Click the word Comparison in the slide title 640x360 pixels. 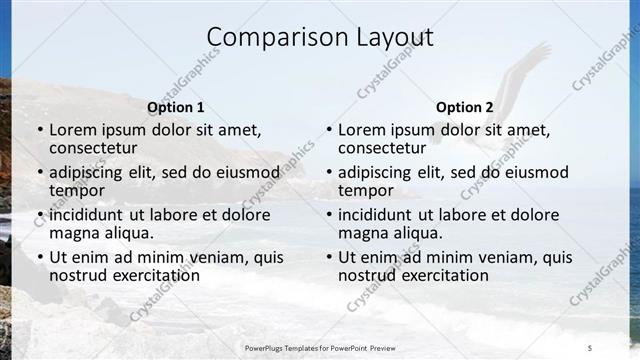267,38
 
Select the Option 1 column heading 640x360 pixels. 176,107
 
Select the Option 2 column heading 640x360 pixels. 465,107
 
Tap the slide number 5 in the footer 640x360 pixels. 590,347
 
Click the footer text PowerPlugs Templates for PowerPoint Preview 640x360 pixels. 319,347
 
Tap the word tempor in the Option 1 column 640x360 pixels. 77,190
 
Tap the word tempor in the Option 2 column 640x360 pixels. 366,190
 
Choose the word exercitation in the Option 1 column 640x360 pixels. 154,275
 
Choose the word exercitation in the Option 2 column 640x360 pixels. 443,275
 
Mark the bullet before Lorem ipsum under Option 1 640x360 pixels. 40,130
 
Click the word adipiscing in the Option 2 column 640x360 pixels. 377,172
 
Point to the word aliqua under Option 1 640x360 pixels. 130,233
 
